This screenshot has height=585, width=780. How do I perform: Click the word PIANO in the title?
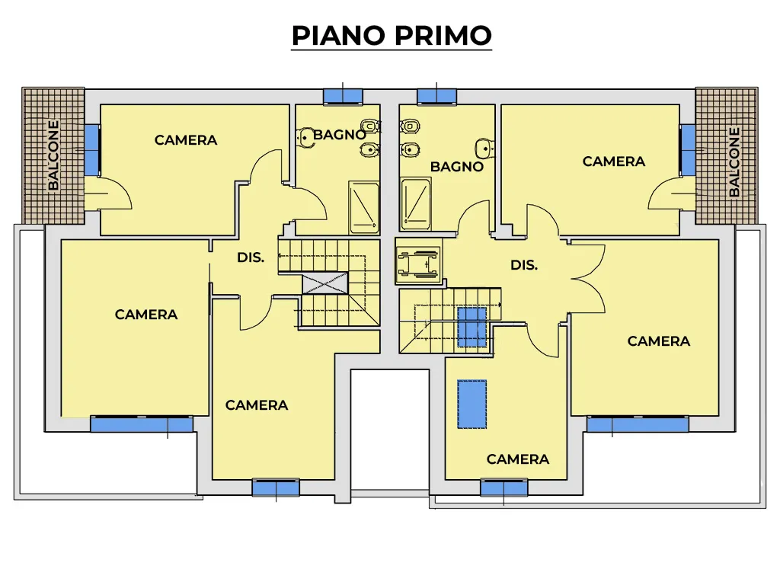[x=338, y=35]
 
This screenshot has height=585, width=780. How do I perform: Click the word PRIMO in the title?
[x=443, y=35]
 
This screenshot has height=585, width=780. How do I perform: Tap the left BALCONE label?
[x=53, y=155]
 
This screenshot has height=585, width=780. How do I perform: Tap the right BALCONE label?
[x=734, y=162]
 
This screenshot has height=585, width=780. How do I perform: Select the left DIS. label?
[x=250, y=257]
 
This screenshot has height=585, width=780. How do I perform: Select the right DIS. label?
[x=524, y=265]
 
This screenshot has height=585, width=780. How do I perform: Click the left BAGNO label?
[x=340, y=135]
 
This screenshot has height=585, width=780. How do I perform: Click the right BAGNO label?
[x=457, y=167]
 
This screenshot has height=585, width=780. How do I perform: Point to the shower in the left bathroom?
[x=363, y=207]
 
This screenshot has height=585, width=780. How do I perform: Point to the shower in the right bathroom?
[x=416, y=204]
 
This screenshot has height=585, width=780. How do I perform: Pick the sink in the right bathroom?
[x=484, y=148]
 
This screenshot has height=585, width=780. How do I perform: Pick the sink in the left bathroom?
[x=305, y=137]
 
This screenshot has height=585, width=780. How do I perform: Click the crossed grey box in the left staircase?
[x=325, y=283]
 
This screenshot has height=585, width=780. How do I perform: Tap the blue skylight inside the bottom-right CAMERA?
[x=472, y=404]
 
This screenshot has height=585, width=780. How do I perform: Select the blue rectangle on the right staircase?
[x=472, y=328]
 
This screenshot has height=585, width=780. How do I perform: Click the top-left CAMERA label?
[x=186, y=140]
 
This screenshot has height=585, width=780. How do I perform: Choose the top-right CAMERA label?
[x=613, y=161]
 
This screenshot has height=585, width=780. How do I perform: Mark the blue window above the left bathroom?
[x=343, y=96]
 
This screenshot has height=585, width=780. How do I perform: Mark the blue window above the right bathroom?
[x=436, y=96]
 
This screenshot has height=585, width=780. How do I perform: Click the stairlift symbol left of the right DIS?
[x=418, y=262]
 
